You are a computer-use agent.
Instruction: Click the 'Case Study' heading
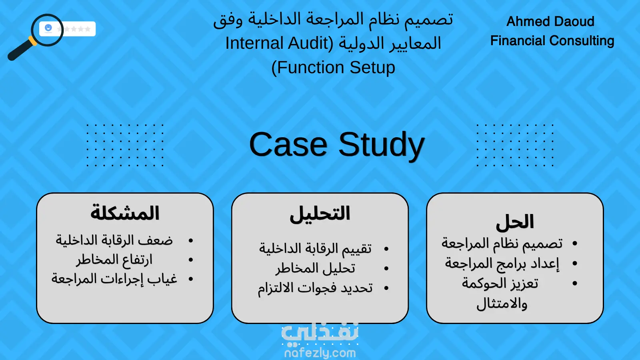pyautogui.click(x=337, y=145)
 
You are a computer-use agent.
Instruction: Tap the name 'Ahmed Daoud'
pyautogui.click(x=550, y=22)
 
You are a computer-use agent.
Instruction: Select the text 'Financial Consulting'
pyautogui.click(x=552, y=40)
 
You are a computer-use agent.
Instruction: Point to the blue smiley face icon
pyautogui.click(x=48, y=28)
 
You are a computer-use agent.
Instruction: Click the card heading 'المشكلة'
pyautogui.click(x=125, y=213)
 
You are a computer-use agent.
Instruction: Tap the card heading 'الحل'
pyautogui.click(x=515, y=222)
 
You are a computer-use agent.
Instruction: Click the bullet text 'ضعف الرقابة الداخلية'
pyautogui.click(x=114, y=240)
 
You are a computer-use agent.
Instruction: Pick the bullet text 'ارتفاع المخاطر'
pyautogui.click(x=114, y=260)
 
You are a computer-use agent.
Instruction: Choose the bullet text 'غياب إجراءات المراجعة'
pyautogui.click(x=114, y=279)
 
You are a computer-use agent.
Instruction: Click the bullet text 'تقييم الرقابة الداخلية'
pyautogui.click(x=316, y=248)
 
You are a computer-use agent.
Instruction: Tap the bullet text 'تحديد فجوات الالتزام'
pyautogui.click(x=316, y=288)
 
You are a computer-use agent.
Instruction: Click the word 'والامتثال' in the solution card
pyautogui.click(x=502, y=304)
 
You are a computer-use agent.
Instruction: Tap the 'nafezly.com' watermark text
pyautogui.click(x=320, y=353)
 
